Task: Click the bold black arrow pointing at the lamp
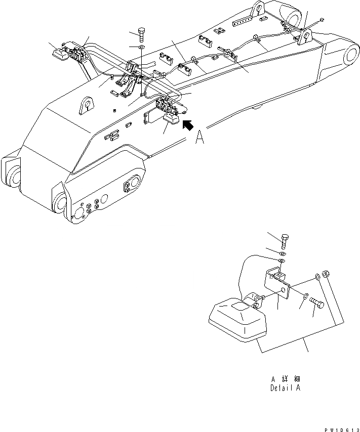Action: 188,125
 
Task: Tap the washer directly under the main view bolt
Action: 141,48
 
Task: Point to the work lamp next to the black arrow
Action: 171,120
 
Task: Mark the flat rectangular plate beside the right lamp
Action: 152,116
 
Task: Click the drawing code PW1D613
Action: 337,427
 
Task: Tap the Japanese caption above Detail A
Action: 286,378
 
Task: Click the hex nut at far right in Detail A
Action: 327,274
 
